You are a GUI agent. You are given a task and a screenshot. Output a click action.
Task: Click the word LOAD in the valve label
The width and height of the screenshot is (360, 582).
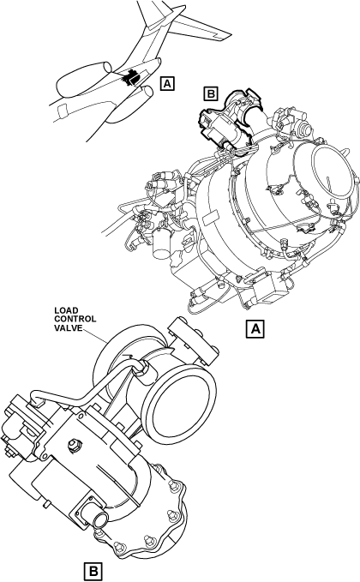click(x=67, y=310)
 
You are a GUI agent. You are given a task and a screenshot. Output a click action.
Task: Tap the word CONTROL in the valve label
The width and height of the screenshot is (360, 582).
click(x=75, y=319)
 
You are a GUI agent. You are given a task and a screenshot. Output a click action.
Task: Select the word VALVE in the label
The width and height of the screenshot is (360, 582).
click(x=69, y=327)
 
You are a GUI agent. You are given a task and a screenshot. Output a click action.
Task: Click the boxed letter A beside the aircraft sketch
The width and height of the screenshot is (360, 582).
click(x=167, y=83)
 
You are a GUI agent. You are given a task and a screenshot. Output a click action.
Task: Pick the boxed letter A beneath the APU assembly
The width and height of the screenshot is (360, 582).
click(x=255, y=328)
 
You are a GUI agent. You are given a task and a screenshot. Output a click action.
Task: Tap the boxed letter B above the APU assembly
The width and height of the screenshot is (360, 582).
click(x=211, y=93)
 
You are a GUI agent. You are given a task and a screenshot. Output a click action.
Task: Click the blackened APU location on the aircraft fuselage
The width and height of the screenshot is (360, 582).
click(x=131, y=77)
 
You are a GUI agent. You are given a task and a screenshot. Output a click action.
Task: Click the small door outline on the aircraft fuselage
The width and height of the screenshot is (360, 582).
click(x=62, y=111)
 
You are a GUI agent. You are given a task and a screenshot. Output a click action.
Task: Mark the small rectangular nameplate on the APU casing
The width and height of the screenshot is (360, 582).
click(x=209, y=218)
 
